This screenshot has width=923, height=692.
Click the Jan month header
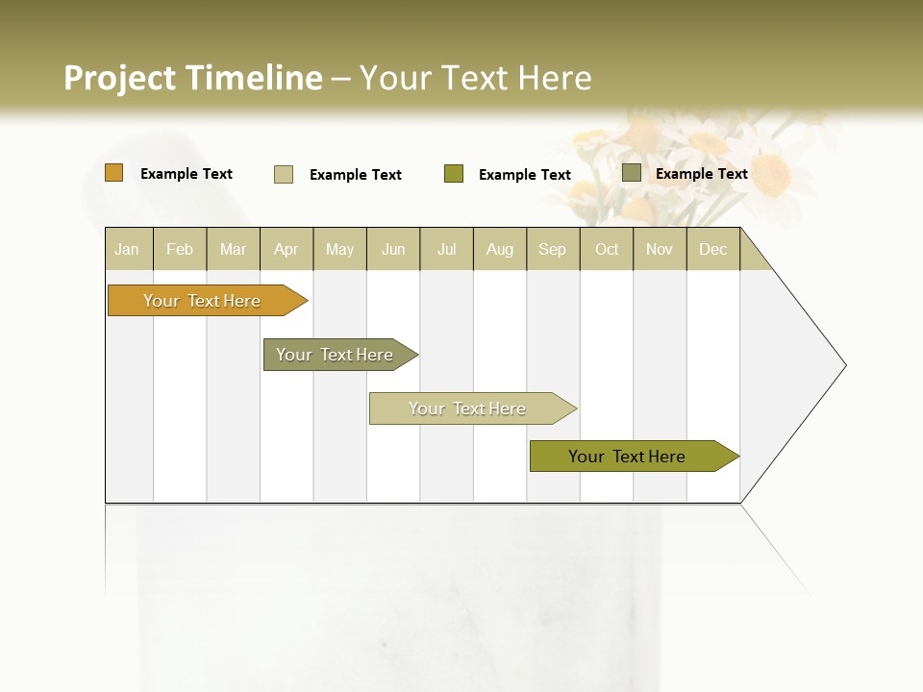point(127,249)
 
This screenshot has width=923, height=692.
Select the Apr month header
point(287,249)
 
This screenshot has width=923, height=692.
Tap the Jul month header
point(446,249)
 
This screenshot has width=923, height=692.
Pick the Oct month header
point(607,249)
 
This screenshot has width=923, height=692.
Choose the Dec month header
point(712,249)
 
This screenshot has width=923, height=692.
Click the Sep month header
point(552,249)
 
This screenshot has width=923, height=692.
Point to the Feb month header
point(180,249)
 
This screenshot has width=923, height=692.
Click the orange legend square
point(113,173)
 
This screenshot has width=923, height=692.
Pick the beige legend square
point(284,174)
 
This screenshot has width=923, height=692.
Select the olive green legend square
point(454,174)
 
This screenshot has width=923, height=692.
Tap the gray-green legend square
point(632,173)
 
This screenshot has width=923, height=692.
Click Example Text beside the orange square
point(187,174)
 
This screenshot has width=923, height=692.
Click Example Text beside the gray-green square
point(701,174)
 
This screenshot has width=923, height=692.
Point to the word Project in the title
point(120,78)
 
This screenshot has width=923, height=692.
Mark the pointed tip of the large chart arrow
point(844,365)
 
